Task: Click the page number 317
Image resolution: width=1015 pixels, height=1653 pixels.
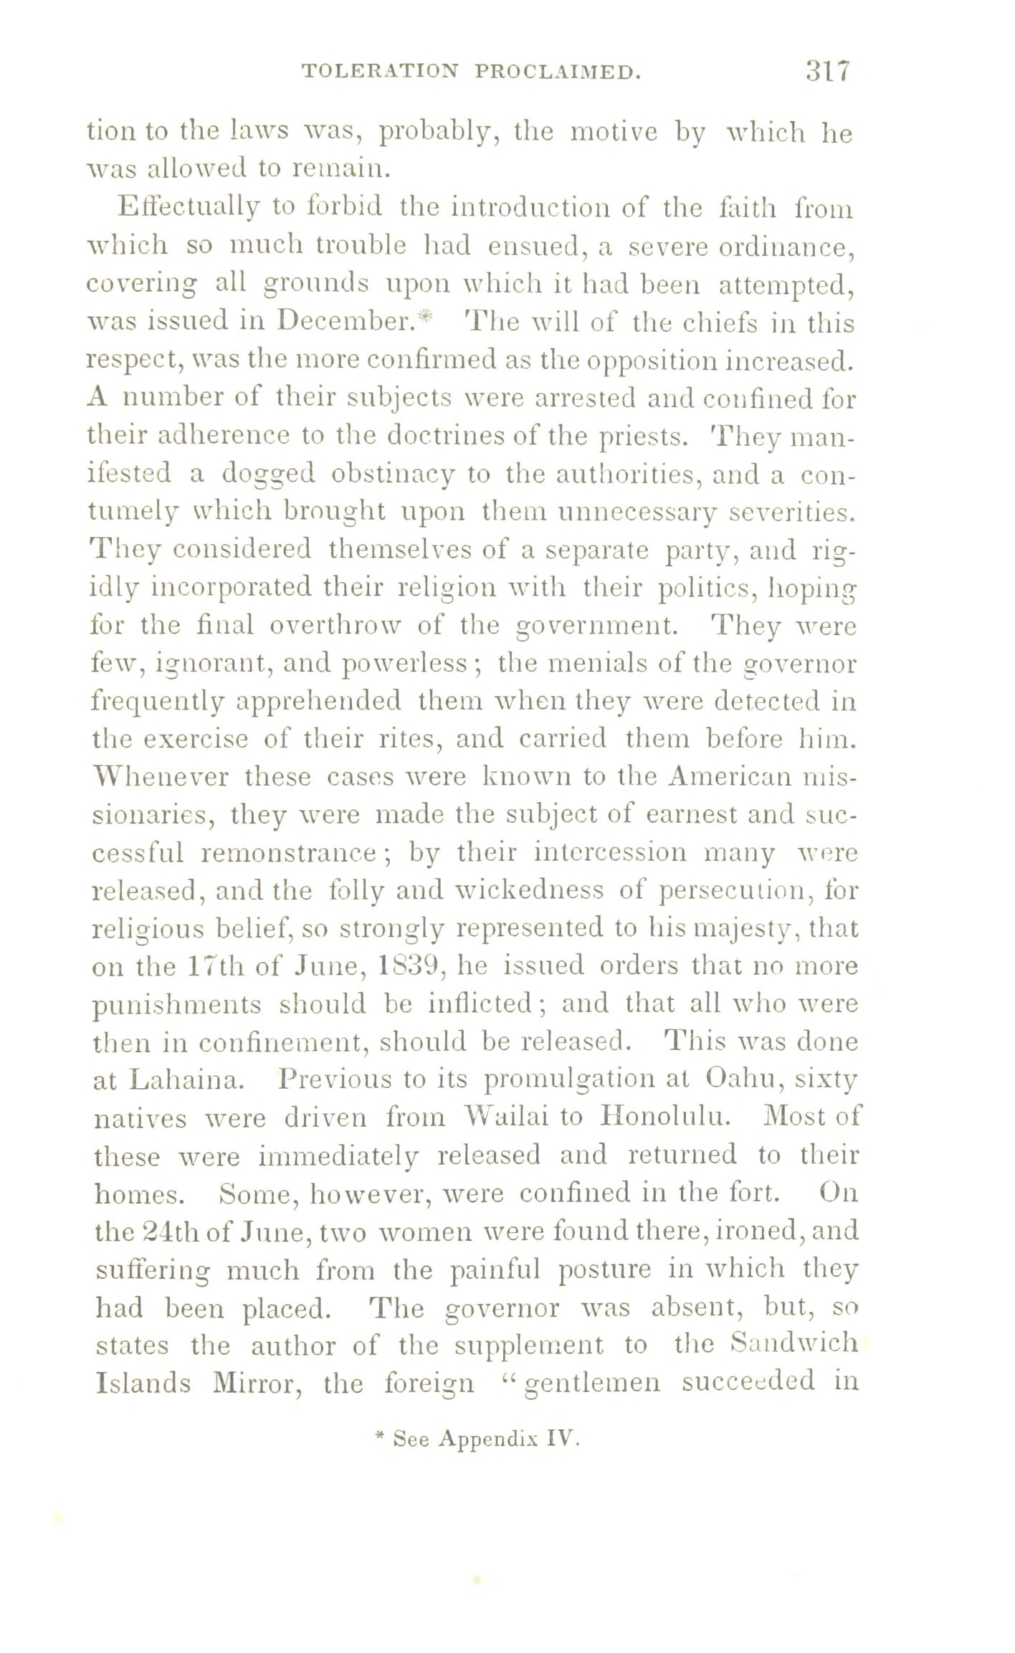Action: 827,71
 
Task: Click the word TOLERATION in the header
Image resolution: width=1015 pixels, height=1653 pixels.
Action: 378,72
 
